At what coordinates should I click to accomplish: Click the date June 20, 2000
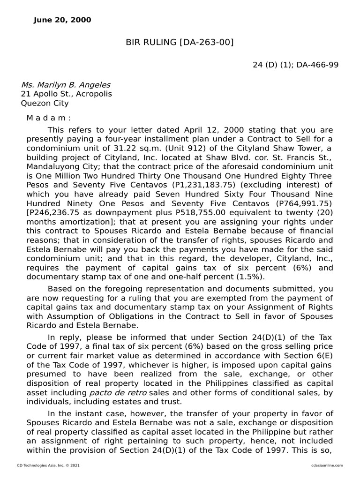[x=62, y=20]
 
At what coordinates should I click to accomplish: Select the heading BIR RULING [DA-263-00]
[x=180, y=43]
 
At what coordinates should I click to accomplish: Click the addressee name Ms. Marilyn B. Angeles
[x=66, y=85]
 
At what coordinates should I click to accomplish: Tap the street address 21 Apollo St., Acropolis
[x=66, y=94]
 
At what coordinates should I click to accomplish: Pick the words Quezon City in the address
[x=45, y=103]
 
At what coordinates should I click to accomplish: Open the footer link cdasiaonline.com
[x=326, y=465]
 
